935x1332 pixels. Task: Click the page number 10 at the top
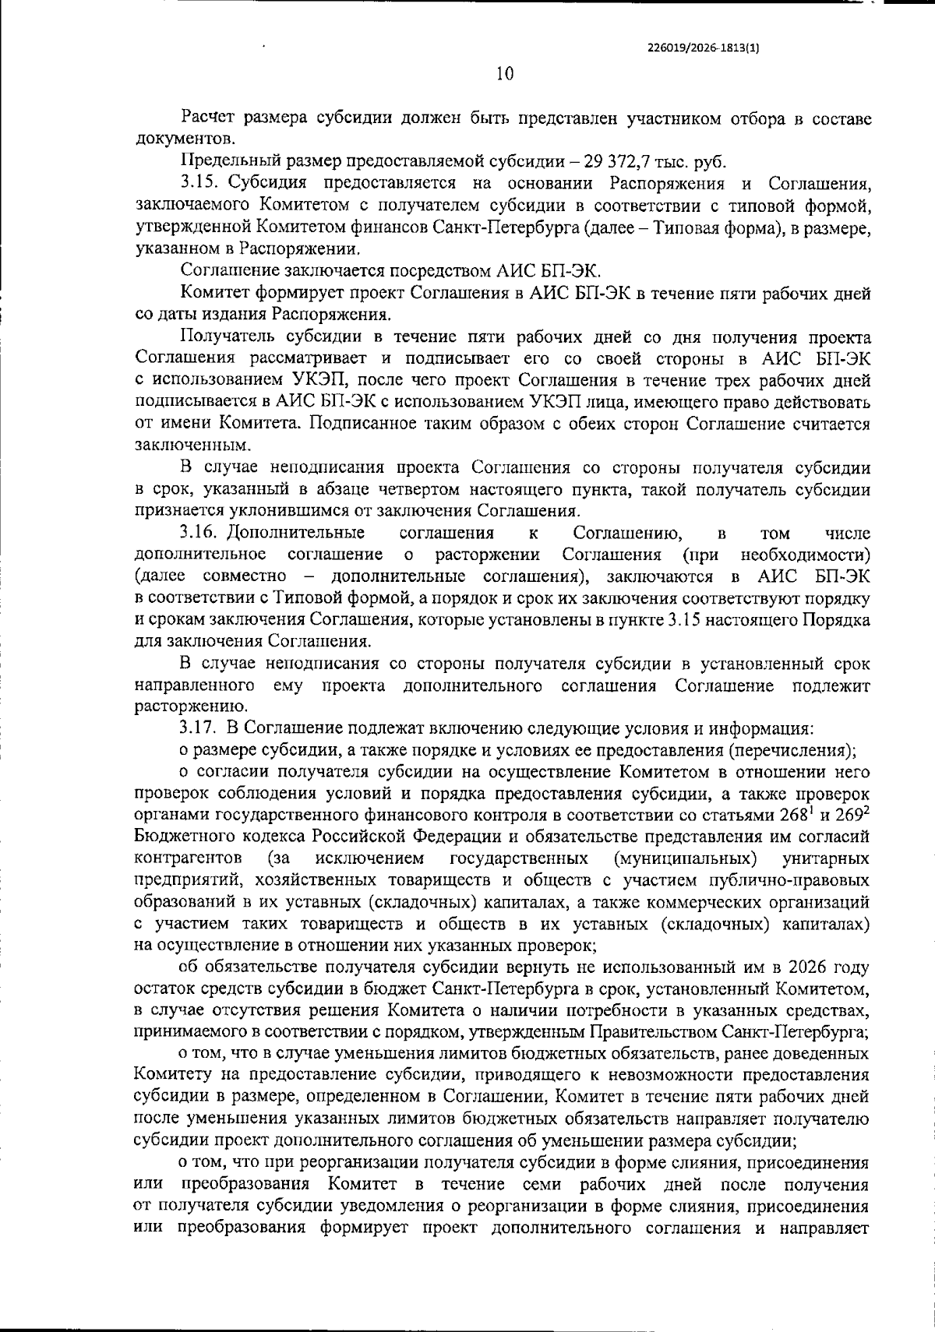point(504,74)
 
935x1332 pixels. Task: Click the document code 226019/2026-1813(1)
point(704,47)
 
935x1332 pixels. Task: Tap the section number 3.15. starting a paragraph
point(199,184)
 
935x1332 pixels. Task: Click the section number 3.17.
point(199,729)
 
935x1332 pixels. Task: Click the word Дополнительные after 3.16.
point(297,533)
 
